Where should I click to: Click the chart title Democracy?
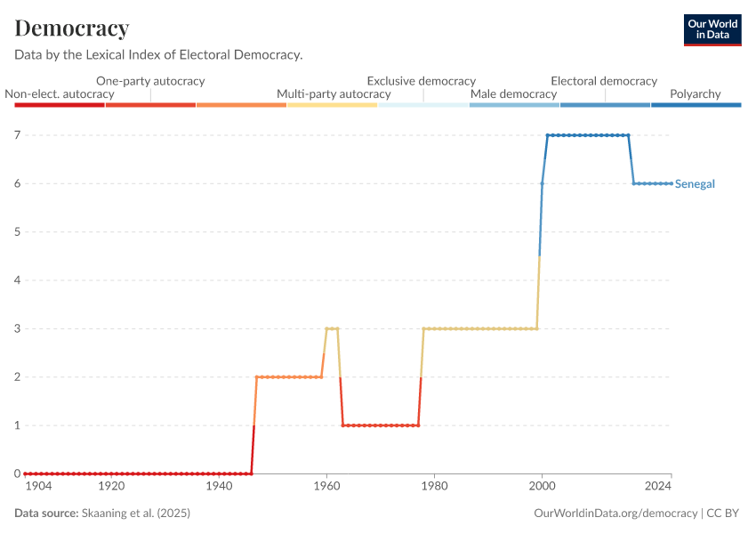coord(72,28)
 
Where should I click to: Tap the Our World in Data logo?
coord(712,29)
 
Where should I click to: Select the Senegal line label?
coord(695,184)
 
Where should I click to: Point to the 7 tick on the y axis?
coord(17,135)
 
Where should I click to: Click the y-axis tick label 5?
coord(17,232)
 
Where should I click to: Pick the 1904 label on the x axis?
coord(38,487)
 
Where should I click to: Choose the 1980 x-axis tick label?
coord(434,487)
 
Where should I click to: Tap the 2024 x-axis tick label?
coord(658,487)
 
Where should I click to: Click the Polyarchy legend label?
coord(695,93)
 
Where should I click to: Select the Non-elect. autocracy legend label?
coord(60,93)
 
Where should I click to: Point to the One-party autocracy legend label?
coord(150,81)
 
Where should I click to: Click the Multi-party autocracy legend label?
coord(334,93)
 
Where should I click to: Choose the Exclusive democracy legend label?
coord(422,81)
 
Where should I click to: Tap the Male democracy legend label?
coord(513,93)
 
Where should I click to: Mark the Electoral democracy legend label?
coord(604,81)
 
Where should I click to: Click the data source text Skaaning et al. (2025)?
coord(135,514)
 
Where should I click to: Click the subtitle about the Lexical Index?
coord(158,55)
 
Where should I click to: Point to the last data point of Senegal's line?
coord(671,183)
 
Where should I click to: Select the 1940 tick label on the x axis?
coord(219,487)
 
